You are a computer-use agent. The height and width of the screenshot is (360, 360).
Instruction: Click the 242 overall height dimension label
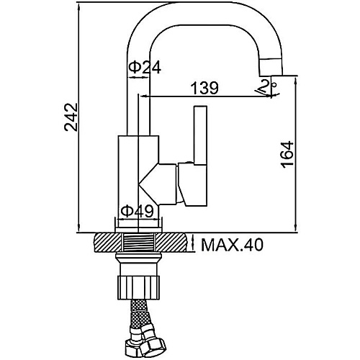click(71, 117)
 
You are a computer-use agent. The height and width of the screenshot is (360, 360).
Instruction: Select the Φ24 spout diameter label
click(145, 68)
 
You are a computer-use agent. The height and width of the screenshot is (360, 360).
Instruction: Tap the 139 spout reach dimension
click(204, 88)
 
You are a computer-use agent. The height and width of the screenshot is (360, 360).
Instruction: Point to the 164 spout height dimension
click(287, 154)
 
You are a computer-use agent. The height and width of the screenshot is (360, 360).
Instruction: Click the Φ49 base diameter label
click(137, 211)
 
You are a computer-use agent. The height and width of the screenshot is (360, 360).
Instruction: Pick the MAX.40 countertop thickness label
click(232, 245)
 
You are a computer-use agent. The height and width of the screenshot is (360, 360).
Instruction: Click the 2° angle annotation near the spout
click(267, 88)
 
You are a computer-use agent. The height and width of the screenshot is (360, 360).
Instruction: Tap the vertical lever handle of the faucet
click(200, 135)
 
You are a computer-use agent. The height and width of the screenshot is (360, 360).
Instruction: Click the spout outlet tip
click(271, 73)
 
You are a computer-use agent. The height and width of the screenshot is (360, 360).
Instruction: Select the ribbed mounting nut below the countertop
click(139, 287)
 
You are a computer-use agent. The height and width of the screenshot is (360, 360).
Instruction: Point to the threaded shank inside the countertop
click(138, 243)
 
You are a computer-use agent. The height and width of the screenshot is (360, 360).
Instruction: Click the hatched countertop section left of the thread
click(108, 243)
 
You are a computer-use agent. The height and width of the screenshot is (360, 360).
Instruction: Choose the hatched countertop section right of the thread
click(171, 243)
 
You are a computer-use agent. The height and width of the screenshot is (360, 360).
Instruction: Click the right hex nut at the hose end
click(152, 347)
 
